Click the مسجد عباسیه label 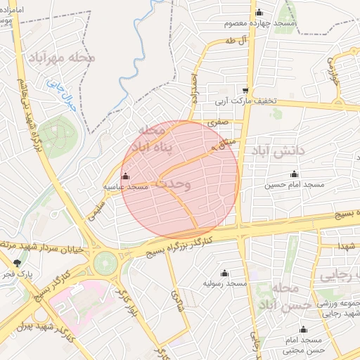(x=126, y=187)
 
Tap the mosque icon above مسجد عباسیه (x=126, y=176)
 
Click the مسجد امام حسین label (x=294, y=185)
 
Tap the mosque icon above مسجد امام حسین (x=294, y=174)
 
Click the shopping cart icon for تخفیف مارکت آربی (x=245, y=90)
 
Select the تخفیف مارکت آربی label (x=246, y=101)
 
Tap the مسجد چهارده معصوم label (x=259, y=23)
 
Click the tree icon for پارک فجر (x=17, y=263)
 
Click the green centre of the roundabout (x=106, y=263)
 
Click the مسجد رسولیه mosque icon (x=224, y=273)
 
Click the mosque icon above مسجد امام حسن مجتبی (x=304, y=329)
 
